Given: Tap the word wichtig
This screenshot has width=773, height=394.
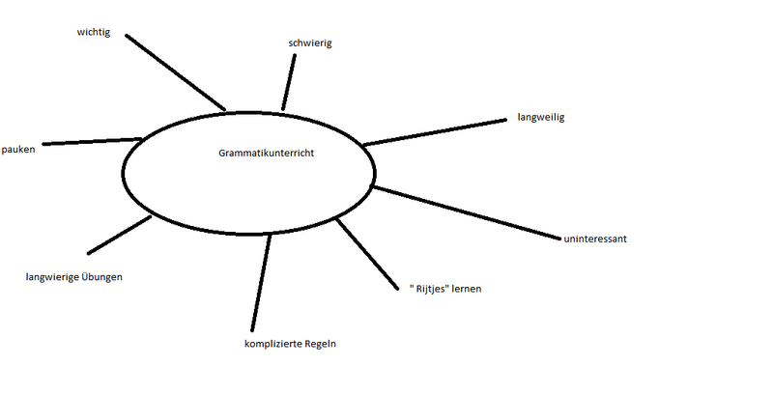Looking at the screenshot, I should pyautogui.click(x=95, y=32).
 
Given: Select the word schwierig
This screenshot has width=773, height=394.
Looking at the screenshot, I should pyautogui.click(x=310, y=43).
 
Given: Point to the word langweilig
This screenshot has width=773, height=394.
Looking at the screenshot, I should pyautogui.click(x=540, y=118).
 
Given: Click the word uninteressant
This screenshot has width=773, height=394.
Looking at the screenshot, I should pyautogui.click(x=595, y=239).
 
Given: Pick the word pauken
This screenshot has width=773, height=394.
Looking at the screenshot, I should pyautogui.click(x=18, y=150).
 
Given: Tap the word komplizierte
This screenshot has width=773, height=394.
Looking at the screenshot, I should pyautogui.click(x=273, y=343).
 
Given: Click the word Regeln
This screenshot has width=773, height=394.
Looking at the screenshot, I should pyautogui.click(x=321, y=343).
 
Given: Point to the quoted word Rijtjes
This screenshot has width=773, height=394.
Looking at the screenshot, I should pyautogui.click(x=434, y=289).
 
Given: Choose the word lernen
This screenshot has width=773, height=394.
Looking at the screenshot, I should pyautogui.click(x=466, y=289).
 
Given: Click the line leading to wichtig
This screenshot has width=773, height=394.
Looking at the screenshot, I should pyautogui.click(x=175, y=72).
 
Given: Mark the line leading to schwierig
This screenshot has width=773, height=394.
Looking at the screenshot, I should pyautogui.click(x=289, y=82).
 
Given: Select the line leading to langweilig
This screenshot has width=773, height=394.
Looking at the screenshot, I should pyautogui.click(x=435, y=132).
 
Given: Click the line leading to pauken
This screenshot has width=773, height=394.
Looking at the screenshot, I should pyautogui.click(x=93, y=141).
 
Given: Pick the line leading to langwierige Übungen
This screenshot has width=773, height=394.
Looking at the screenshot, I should pyautogui.click(x=119, y=236).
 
